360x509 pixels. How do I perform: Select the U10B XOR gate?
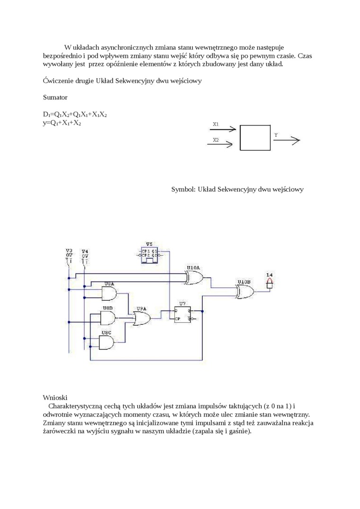(x=244, y=291)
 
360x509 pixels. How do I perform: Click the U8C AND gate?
(x=108, y=342)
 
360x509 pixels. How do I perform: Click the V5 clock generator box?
(x=150, y=253)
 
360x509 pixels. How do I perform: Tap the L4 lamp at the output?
(x=270, y=284)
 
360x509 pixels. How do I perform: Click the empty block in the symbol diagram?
(x=255, y=138)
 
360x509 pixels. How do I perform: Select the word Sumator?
(x=55, y=98)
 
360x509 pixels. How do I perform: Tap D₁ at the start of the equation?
(x=46, y=115)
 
